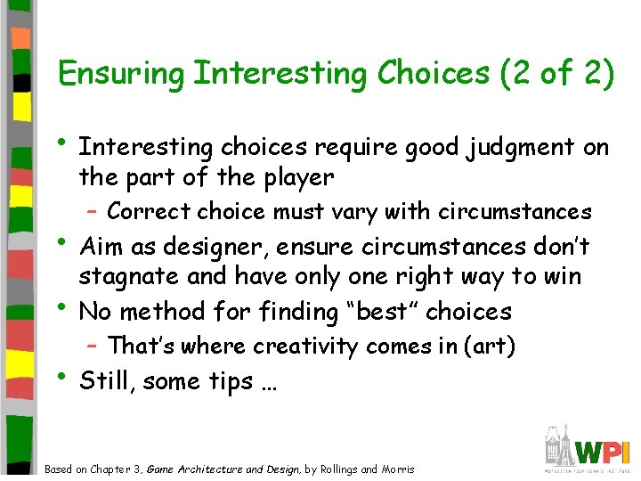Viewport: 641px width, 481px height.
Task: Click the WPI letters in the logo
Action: point(603,450)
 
